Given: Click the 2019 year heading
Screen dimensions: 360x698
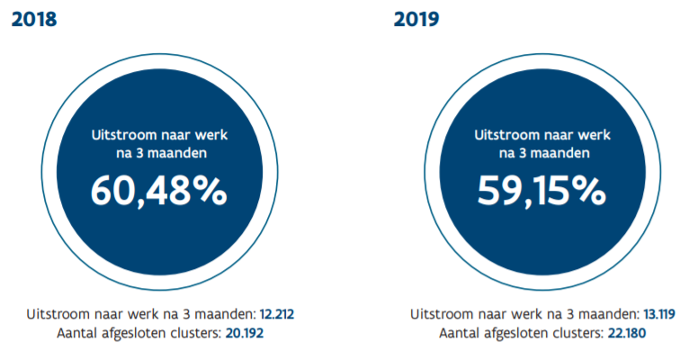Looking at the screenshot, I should coord(416,19).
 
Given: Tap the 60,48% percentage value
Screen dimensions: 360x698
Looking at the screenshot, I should coord(159,190).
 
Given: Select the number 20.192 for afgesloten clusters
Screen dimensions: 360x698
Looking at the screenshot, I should coord(245,333).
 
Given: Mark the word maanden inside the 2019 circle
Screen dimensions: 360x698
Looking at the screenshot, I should coord(561,153).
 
